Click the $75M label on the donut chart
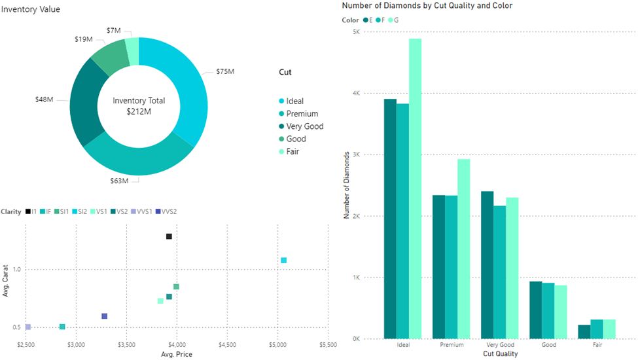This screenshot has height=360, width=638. tap(225, 71)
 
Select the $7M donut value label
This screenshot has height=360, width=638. tap(113, 31)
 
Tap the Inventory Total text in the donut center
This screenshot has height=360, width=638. tap(139, 101)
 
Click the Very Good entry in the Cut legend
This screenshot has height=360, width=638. tap(304, 126)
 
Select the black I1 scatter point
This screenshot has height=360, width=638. tap(169, 236)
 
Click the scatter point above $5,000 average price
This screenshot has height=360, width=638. tap(284, 261)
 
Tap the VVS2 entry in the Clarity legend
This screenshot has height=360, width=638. tap(169, 211)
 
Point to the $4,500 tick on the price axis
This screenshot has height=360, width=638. tap(227, 344)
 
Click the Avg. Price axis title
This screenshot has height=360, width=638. tap(176, 355)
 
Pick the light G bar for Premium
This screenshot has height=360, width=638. tap(464, 249)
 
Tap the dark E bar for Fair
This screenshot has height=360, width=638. tap(584, 332)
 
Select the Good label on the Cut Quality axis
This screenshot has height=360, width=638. tap(549, 345)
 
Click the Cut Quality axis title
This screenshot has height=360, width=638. tap(500, 354)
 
